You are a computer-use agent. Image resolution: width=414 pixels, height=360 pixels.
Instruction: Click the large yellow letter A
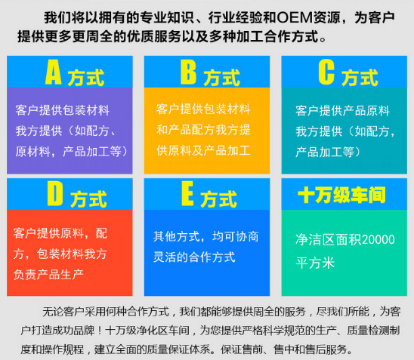pyautogui.click(x=54, y=72)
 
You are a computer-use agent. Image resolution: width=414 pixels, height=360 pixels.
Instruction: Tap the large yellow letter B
pyautogui.click(x=188, y=72)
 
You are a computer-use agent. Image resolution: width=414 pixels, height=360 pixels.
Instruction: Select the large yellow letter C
pyautogui.click(x=326, y=72)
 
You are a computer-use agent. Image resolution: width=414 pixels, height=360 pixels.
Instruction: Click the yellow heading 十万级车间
pyautogui.click(x=341, y=195)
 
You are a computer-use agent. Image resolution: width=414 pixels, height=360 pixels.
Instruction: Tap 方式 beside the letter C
pyautogui.click(x=360, y=77)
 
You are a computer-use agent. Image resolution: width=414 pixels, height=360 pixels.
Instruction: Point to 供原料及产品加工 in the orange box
pyautogui.click(x=203, y=149)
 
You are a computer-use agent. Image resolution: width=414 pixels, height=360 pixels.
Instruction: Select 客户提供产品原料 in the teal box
pyautogui.click(x=342, y=111)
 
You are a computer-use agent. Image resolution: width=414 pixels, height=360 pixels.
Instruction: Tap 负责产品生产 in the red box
pyautogui.click(x=48, y=272)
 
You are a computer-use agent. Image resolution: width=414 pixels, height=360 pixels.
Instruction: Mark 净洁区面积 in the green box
pyautogui.click(x=328, y=241)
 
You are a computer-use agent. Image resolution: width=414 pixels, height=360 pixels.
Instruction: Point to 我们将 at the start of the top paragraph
pyautogui.click(x=63, y=17)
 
